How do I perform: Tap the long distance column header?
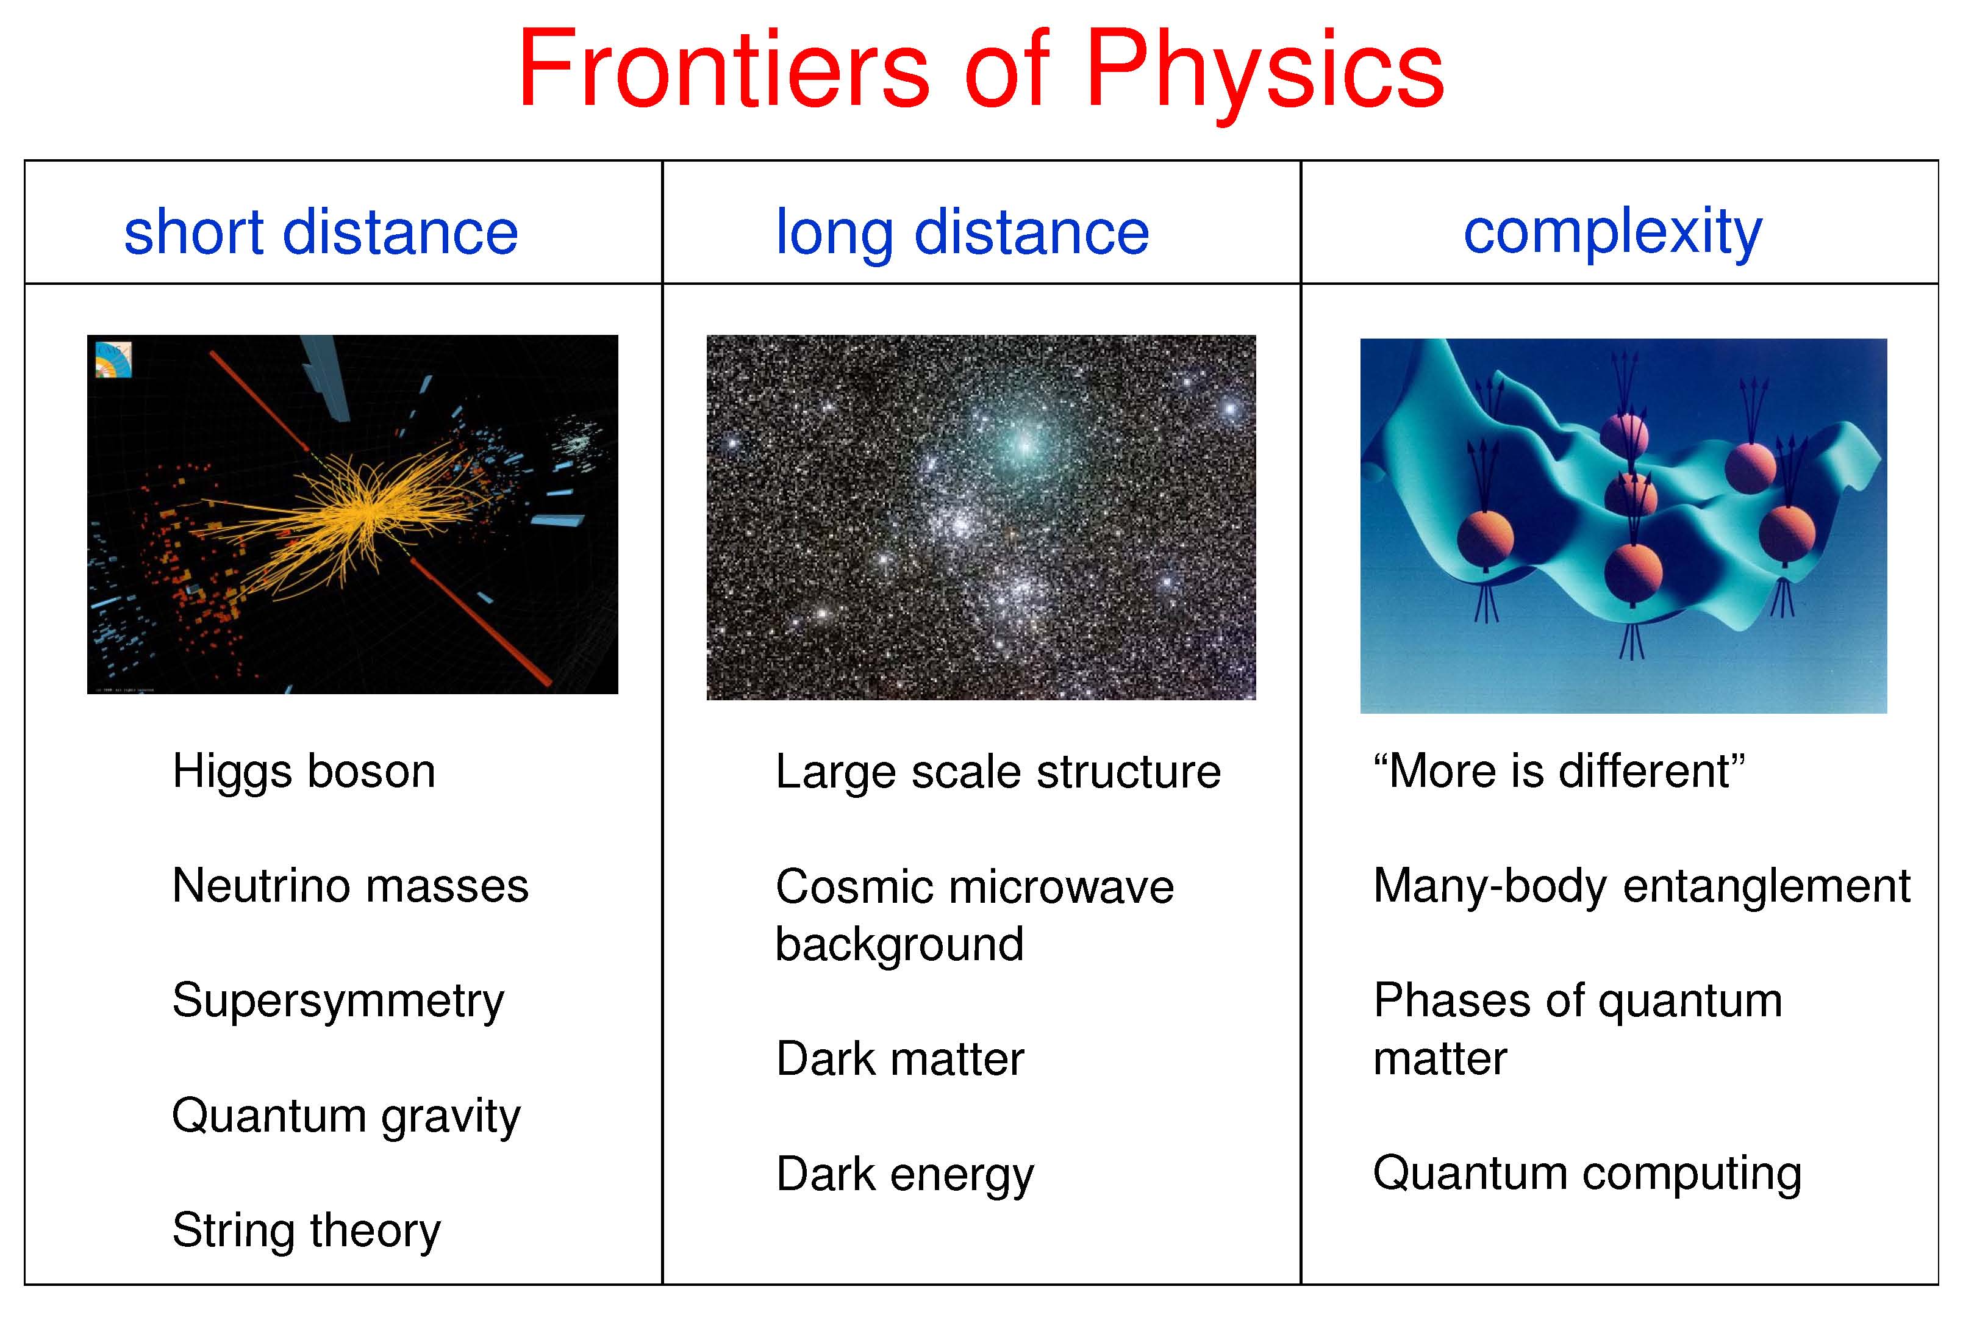(962, 232)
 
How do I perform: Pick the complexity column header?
(1612, 232)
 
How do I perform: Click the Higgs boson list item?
(304, 772)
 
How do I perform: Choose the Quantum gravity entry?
(346, 1117)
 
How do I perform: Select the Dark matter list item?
(900, 1058)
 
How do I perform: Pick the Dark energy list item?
(905, 1175)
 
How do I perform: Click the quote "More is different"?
(1559, 771)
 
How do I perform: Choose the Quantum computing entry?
(1587, 1174)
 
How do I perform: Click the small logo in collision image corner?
(113, 359)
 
